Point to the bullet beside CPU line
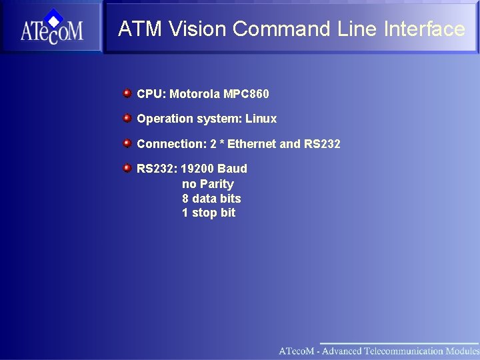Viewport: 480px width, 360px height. tap(127, 93)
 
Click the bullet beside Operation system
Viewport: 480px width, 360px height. tap(127, 118)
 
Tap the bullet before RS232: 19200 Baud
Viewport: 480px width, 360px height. tap(127, 168)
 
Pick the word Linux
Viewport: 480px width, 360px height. tap(261, 119)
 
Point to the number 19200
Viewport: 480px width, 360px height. tap(197, 169)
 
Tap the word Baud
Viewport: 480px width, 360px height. tap(232, 169)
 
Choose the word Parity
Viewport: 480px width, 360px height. tap(217, 184)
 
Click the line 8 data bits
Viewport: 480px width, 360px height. tap(211, 199)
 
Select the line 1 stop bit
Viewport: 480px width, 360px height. tap(209, 213)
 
